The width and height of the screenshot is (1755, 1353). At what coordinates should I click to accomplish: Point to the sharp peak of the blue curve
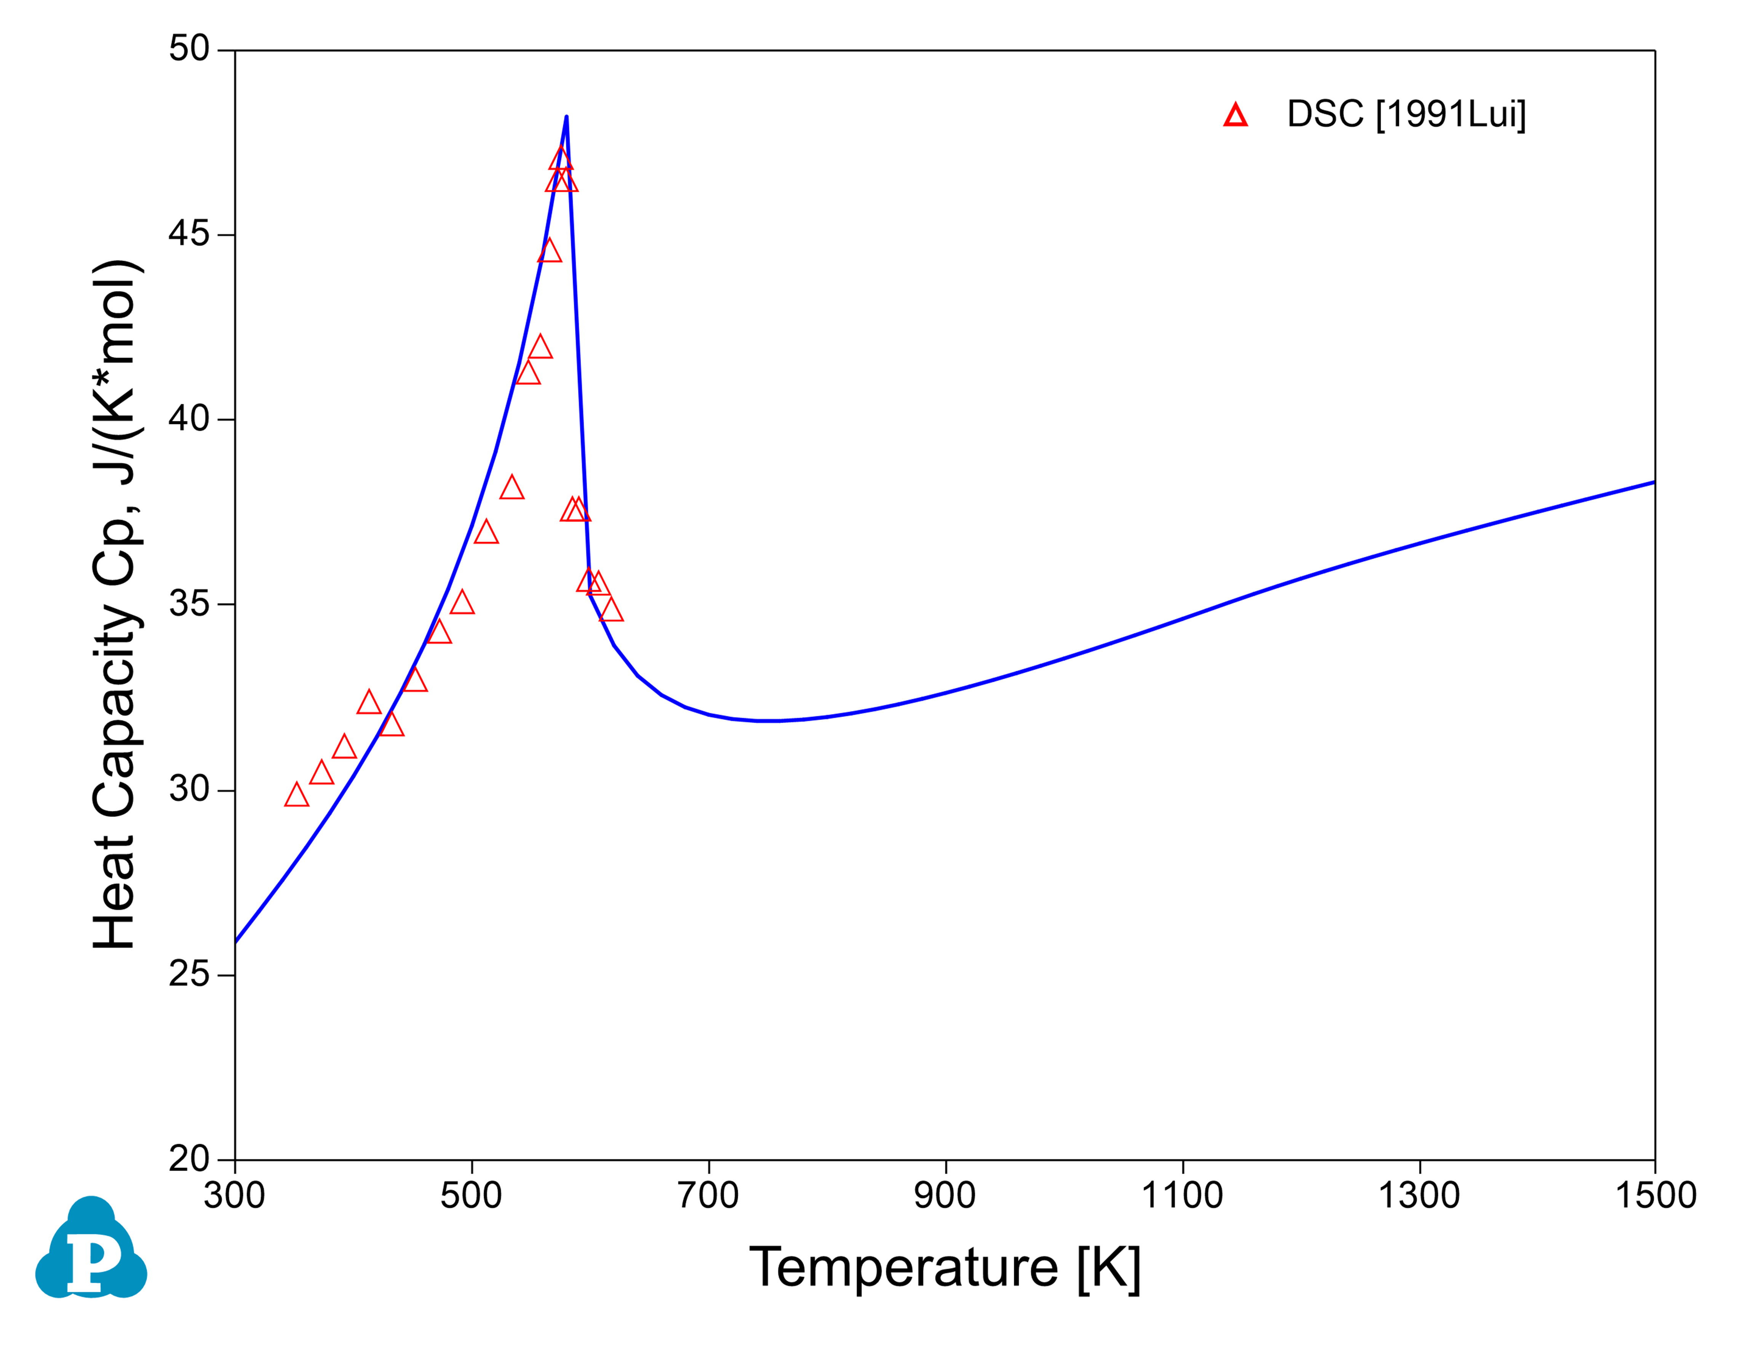[566, 117]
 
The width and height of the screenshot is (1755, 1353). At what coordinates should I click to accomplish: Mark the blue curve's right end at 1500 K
[1654, 482]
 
